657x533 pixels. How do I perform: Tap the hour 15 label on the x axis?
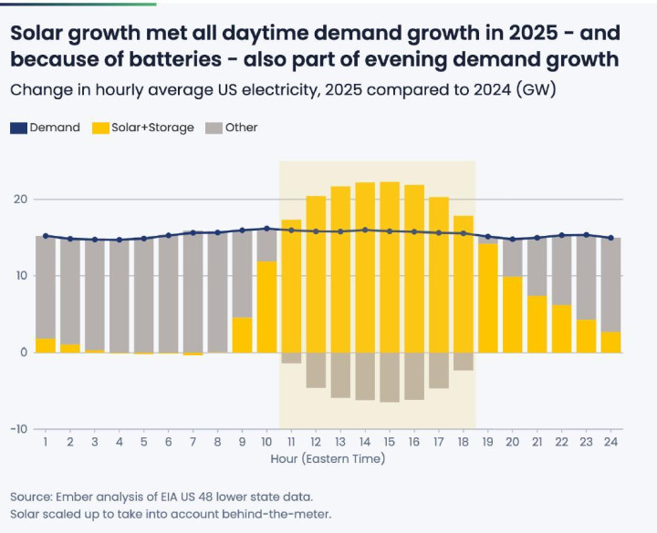coord(390,442)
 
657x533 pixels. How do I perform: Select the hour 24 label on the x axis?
coord(611,442)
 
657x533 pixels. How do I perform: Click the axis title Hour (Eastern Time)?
coord(328,458)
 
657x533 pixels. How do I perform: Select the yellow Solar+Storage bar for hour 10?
coord(266,306)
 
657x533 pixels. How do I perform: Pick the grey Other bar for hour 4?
coord(119,295)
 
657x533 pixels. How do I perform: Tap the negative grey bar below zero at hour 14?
coord(365,376)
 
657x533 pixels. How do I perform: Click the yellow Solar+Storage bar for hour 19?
coord(488,297)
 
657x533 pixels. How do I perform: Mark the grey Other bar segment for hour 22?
coord(562,270)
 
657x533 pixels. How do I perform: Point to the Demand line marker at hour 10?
coord(266,229)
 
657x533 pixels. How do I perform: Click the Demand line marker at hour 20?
coord(513,239)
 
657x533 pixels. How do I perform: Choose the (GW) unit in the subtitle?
coord(537,90)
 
